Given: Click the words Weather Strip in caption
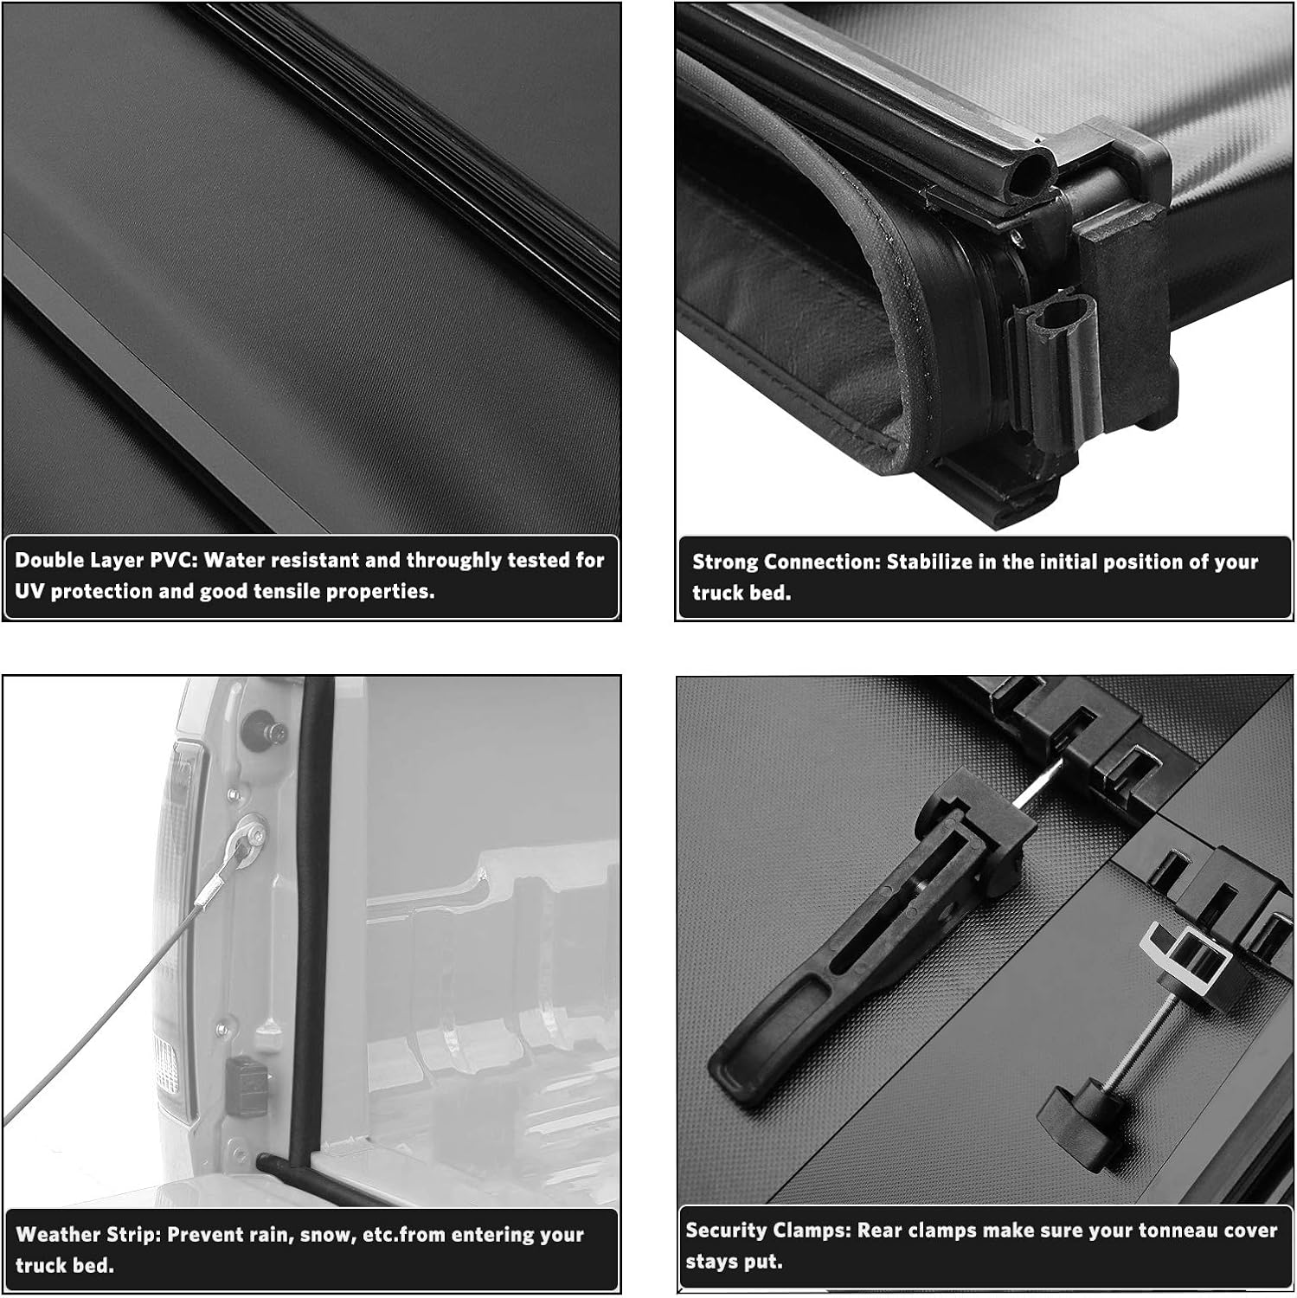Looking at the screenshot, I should click(86, 1235).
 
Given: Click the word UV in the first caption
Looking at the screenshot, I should click(29, 592).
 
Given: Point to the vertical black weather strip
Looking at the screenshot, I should click(314, 909).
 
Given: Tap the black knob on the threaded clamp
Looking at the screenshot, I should click(1078, 1116).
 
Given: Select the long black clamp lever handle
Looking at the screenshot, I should click(831, 969).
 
